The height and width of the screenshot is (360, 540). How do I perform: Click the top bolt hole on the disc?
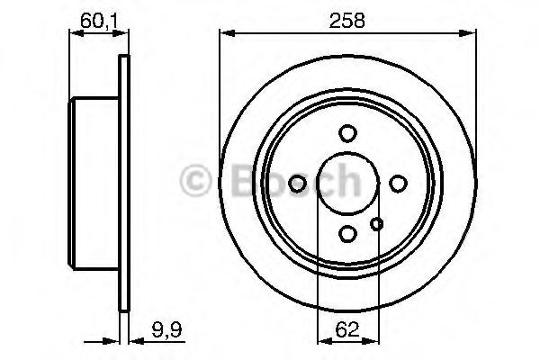347,133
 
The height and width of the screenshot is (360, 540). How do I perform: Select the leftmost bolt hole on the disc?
298,184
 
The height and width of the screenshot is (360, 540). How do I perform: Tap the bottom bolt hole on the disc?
347,233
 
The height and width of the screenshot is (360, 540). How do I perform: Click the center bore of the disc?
347,184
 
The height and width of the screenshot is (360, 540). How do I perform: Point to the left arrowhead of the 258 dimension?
226,34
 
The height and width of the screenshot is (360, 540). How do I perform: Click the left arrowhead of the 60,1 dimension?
75,34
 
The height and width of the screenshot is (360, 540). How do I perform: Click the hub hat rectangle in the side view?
94,184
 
